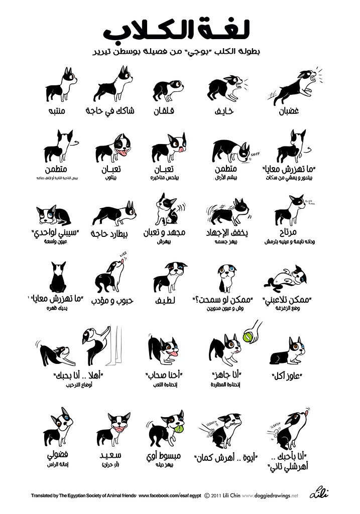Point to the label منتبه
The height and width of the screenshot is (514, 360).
pyautogui.click(x=55, y=110)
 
